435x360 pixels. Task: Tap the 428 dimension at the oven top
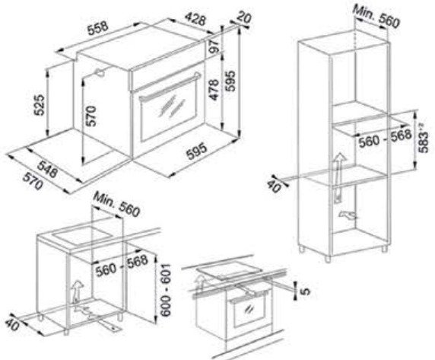point(196,20)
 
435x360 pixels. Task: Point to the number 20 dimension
point(244,18)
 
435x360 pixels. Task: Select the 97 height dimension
point(214,45)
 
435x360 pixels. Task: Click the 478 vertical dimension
point(214,90)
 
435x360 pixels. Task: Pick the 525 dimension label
point(39,104)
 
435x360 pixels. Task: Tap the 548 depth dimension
point(48,169)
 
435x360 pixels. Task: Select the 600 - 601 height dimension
point(167,290)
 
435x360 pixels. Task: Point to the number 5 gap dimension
point(305,291)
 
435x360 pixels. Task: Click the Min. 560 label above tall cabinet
point(376,17)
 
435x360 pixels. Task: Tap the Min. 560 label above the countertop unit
point(116,204)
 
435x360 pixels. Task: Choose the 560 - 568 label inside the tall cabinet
point(385,139)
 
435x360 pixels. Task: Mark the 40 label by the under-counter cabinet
point(12,324)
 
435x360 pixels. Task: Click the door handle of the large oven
point(170,87)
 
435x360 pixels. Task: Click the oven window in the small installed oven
point(249,311)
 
